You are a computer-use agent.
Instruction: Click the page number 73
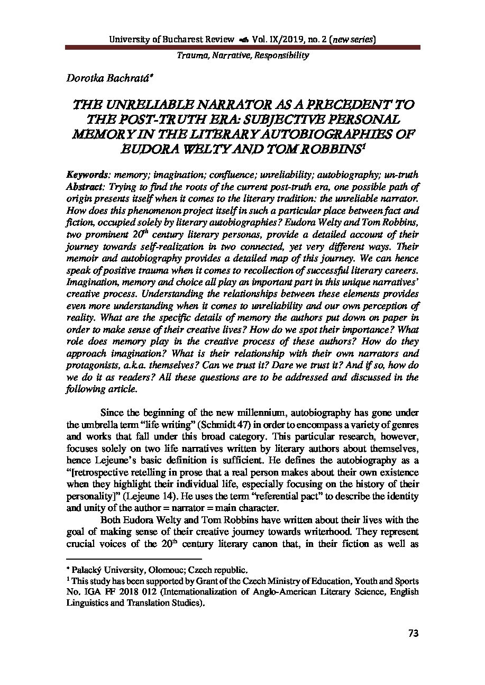coord(413,633)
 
